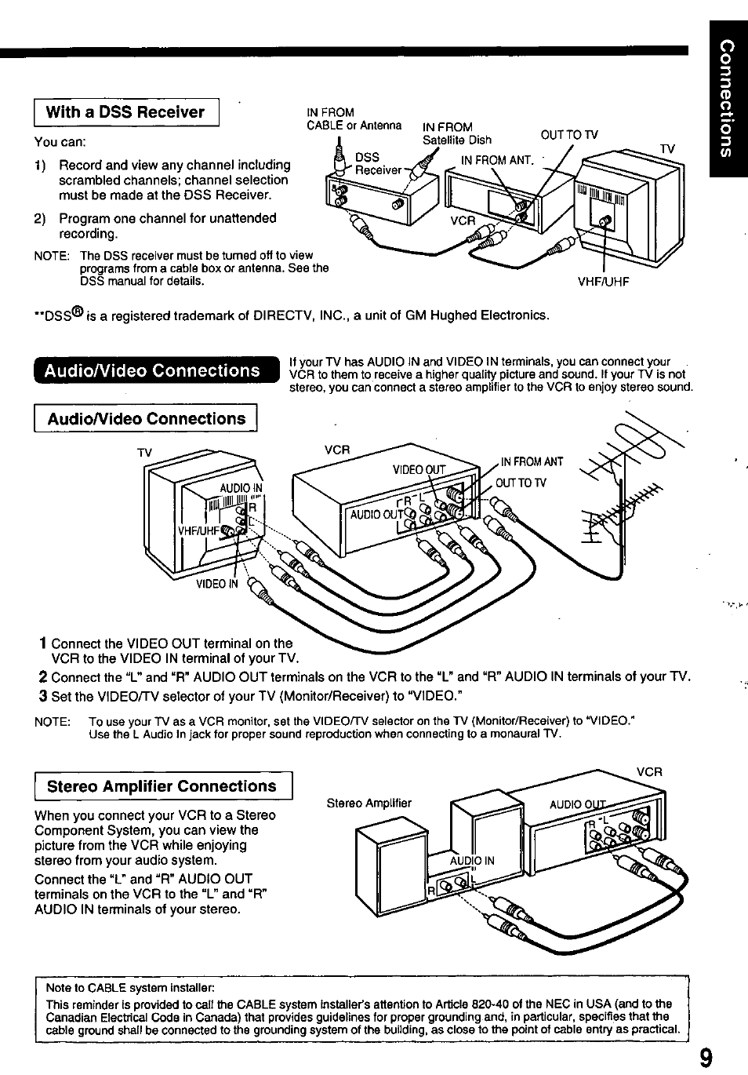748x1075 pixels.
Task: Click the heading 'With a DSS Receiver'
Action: coord(125,112)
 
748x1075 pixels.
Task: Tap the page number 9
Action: coord(706,1059)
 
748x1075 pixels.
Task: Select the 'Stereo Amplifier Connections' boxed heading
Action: coord(162,786)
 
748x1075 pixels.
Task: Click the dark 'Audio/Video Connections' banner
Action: coord(153,370)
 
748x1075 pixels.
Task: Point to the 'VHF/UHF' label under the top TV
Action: coord(603,282)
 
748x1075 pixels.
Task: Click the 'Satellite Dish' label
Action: coord(457,140)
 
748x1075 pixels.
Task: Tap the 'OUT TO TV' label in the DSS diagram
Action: coord(569,134)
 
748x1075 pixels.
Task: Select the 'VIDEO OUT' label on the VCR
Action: coord(419,470)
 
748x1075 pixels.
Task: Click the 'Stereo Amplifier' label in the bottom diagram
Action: coord(369,803)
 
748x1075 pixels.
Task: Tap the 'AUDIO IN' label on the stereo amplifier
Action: coord(472,860)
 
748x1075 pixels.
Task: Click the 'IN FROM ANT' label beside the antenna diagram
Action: coord(532,462)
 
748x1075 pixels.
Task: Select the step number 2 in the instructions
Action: coord(43,676)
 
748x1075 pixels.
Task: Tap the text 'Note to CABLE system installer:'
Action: coord(129,987)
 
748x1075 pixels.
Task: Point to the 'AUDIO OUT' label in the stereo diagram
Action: coord(579,804)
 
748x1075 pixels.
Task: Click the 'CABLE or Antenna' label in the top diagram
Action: coord(354,126)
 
